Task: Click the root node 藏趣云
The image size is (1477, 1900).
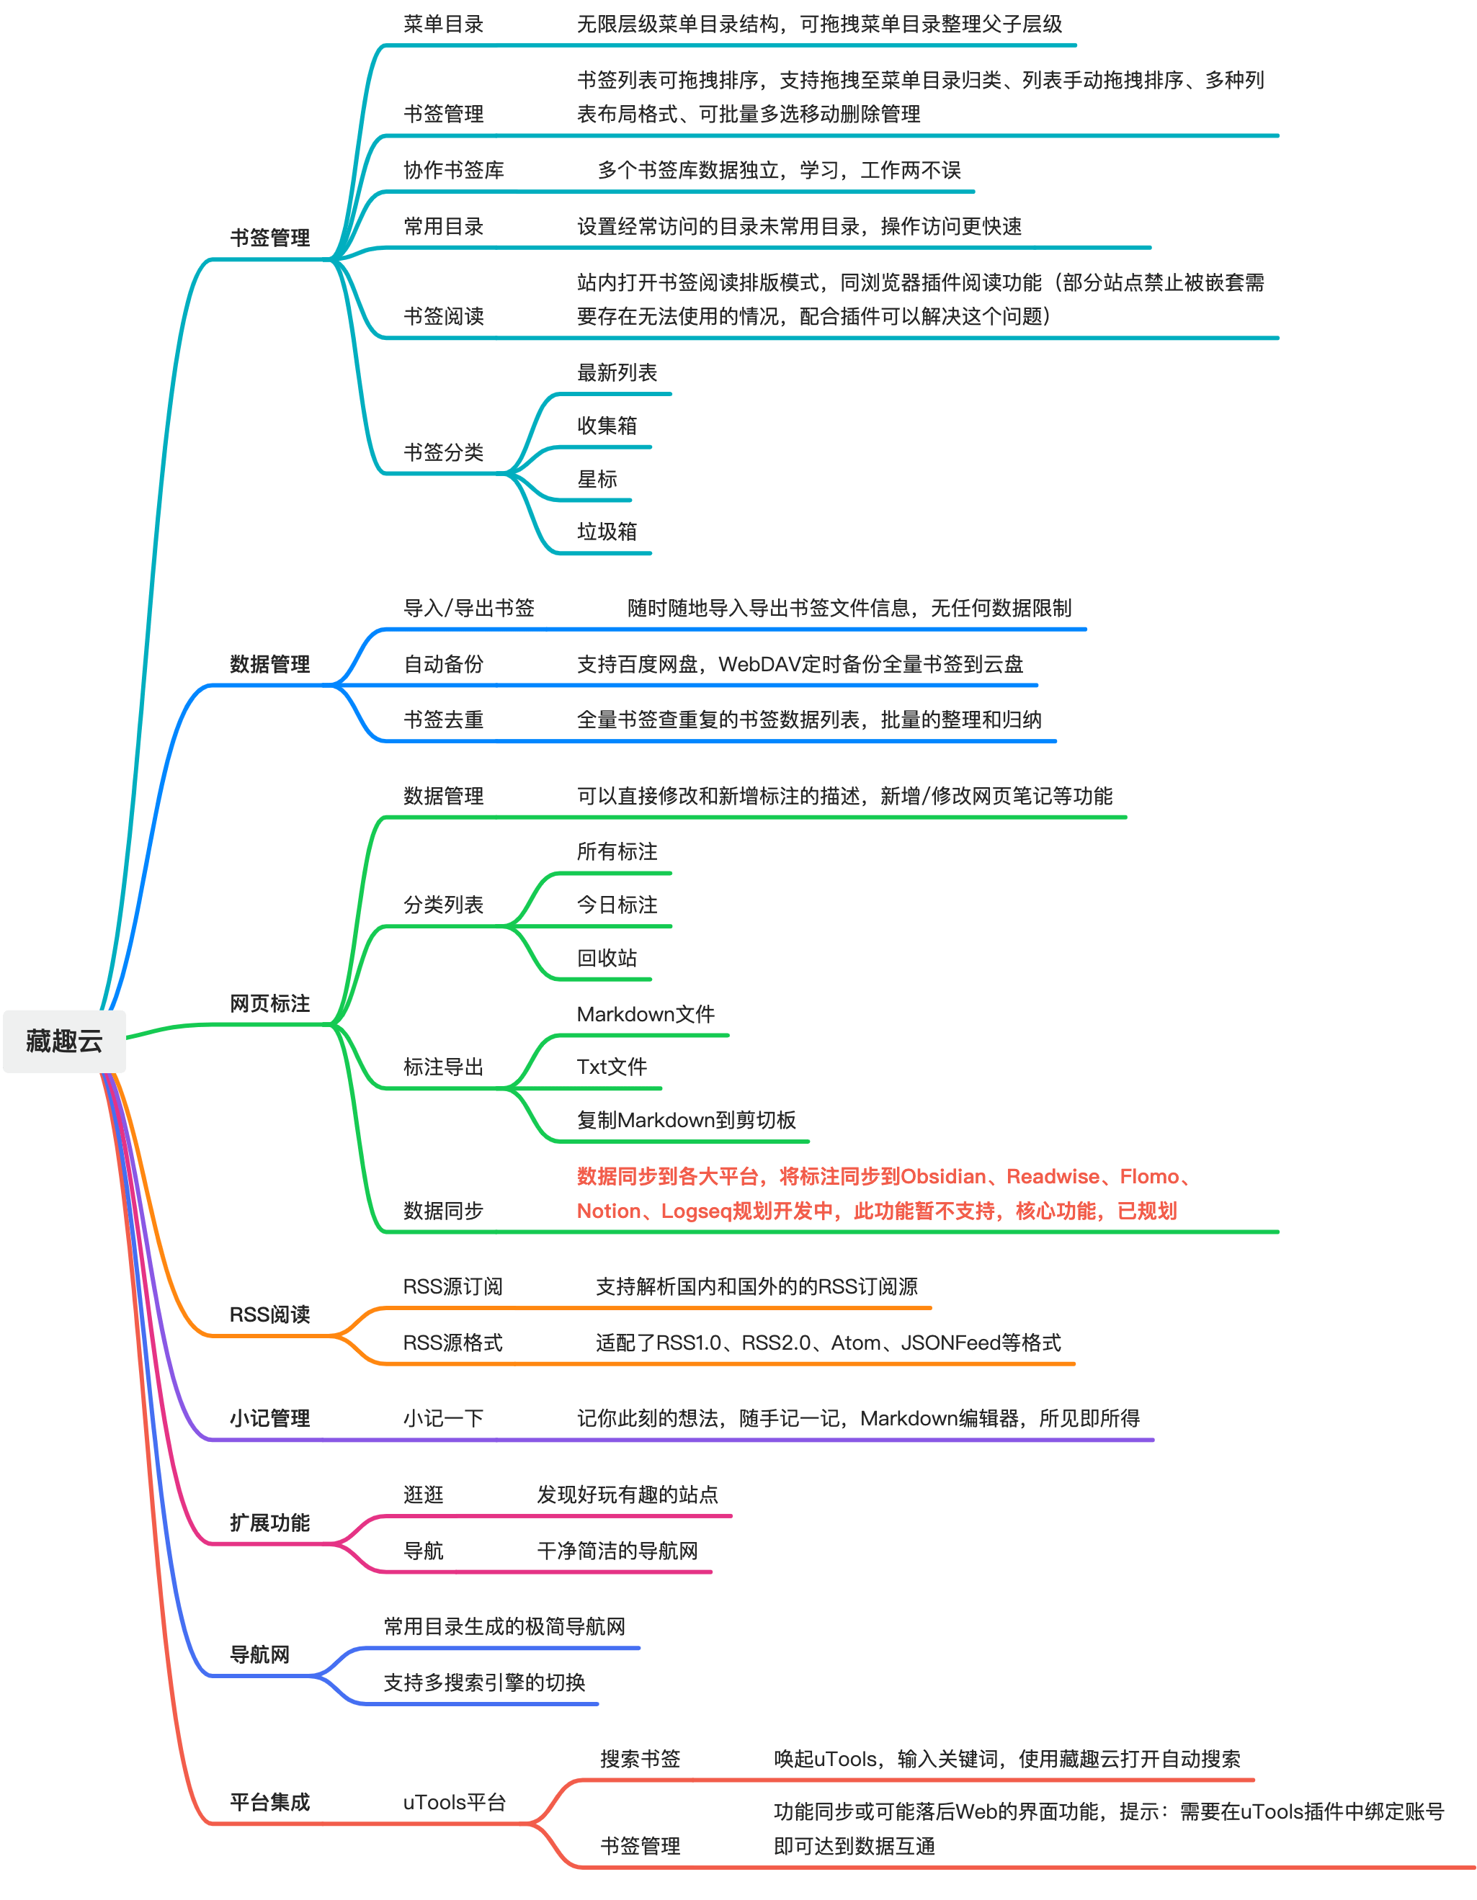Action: point(64,1041)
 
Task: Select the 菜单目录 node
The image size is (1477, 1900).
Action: point(443,24)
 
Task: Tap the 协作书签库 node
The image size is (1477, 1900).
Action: point(453,171)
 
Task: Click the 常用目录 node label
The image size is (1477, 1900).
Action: point(443,227)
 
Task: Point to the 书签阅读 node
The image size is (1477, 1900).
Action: point(443,317)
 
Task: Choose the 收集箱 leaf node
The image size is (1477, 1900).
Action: point(607,426)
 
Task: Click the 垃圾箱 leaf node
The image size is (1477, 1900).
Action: point(607,532)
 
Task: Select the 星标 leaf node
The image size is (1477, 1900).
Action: point(597,480)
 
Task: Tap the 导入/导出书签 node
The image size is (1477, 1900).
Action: point(468,608)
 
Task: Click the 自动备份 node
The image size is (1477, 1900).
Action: point(443,665)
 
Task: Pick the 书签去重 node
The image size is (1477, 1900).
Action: point(443,720)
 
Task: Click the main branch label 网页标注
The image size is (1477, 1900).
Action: point(269,1004)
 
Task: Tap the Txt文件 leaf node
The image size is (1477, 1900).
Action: point(612,1067)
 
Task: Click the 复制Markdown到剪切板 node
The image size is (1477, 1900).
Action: point(686,1121)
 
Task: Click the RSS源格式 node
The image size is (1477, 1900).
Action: point(452,1343)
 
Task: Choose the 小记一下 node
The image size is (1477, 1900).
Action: point(443,1419)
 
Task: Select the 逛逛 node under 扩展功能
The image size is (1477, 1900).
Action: point(423,1495)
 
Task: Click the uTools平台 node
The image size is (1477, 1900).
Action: point(455,1803)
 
